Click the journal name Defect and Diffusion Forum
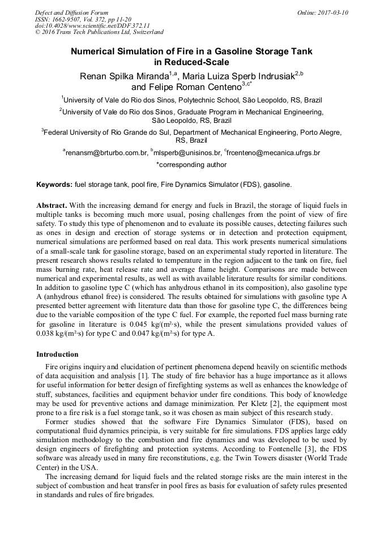[x=71, y=12]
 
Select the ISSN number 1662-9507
[x=66, y=19]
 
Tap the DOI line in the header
[x=92, y=25]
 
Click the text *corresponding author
[x=191, y=165]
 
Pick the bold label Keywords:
[x=54, y=185]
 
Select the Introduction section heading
[x=57, y=354]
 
